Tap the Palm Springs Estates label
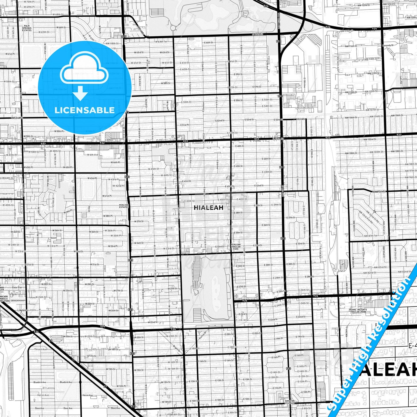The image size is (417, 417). [x=27, y=28]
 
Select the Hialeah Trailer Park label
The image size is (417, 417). [x=236, y=246]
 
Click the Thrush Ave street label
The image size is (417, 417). [x=40, y=349]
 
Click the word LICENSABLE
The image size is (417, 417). [x=85, y=110]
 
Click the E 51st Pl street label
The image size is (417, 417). [x=185, y=125]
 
